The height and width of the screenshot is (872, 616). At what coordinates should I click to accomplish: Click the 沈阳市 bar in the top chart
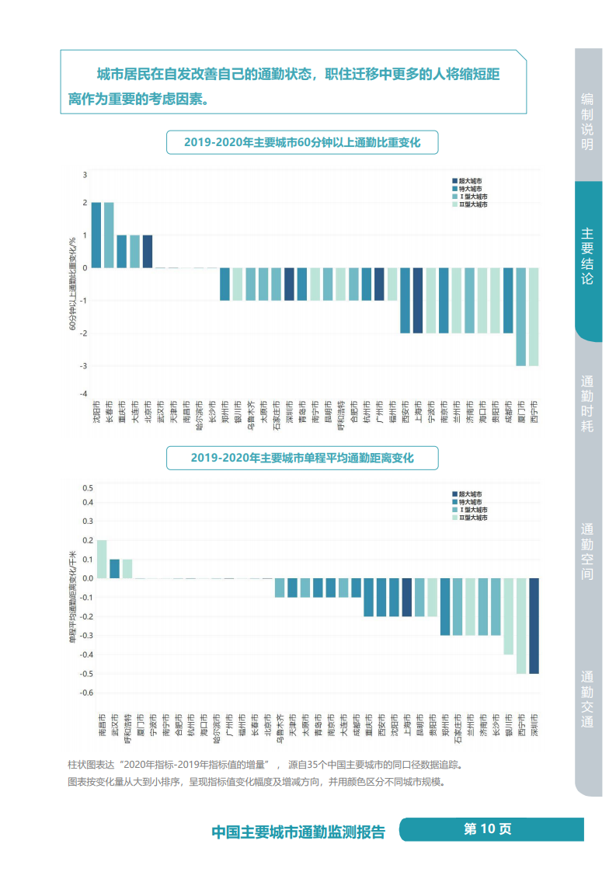(96, 235)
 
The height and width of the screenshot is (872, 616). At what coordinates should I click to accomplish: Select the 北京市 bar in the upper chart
(148, 251)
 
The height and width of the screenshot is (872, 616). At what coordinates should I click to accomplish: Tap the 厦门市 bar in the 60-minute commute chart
(520, 316)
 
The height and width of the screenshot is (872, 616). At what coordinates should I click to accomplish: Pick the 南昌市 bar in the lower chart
(102, 559)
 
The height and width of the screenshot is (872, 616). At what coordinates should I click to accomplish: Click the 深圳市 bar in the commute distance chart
(534, 626)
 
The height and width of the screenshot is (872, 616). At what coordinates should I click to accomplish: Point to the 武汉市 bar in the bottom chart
(114, 568)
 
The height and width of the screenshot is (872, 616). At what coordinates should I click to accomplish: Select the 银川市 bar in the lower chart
(509, 616)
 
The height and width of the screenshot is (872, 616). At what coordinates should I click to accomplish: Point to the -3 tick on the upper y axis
(85, 366)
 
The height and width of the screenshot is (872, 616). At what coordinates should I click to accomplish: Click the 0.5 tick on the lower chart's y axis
(88, 488)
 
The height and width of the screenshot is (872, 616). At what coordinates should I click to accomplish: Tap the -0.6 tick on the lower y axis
(86, 692)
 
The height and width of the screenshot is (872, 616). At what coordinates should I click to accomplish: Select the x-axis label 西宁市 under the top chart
(533, 412)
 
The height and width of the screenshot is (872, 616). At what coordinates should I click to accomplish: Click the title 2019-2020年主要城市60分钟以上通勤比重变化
(302, 142)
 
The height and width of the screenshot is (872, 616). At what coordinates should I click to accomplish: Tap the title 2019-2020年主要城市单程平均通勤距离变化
(302, 458)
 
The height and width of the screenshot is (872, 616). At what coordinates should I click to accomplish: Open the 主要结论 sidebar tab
(587, 256)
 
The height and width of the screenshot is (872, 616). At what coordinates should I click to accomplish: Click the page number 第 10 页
(488, 828)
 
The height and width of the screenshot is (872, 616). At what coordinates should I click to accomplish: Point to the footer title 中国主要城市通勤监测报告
(298, 832)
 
